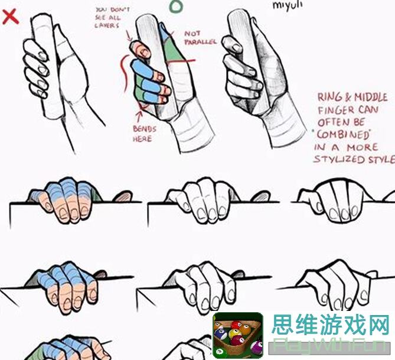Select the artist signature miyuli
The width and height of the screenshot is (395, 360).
tap(288, 5)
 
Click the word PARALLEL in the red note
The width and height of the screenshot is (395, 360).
tap(200, 43)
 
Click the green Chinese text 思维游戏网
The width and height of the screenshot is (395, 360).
tap(331, 325)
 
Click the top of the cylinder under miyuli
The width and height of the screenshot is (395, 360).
tap(240, 15)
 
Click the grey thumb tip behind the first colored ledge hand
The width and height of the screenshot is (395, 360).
tap(123, 196)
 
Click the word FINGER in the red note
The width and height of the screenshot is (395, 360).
tap(337, 110)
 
